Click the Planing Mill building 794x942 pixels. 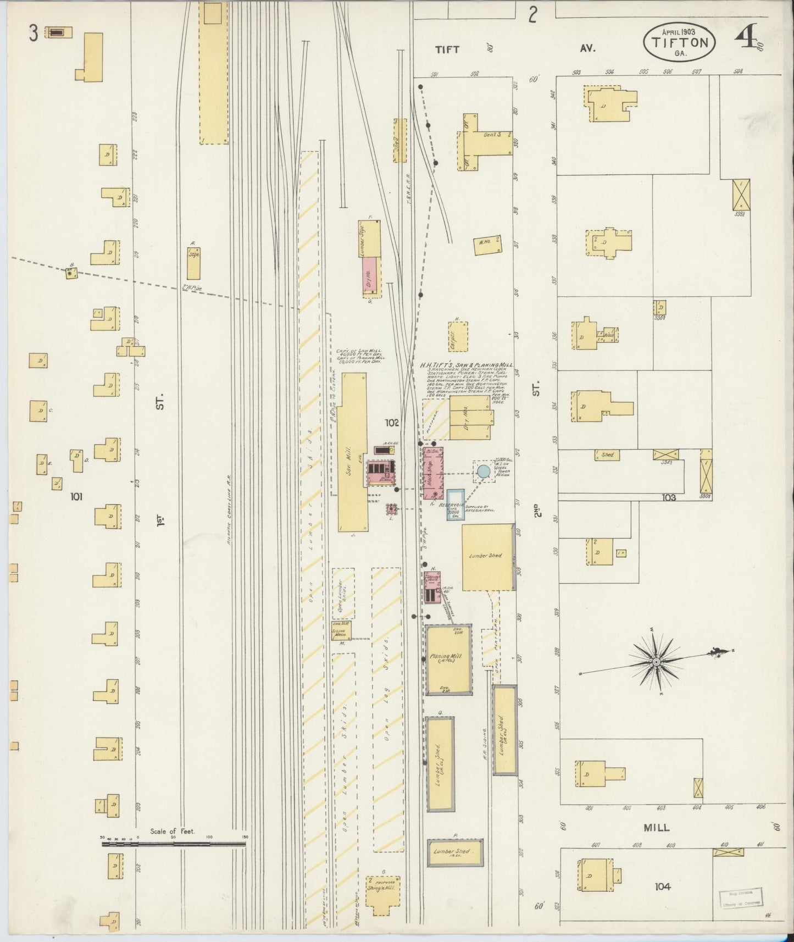pyautogui.click(x=449, y=660)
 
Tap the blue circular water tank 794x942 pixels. pyautogui.click(x=482, y=471)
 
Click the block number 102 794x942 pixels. pyautogui.click(x=392, y=423)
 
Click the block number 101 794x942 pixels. pyautogui.click(x=76, y=497)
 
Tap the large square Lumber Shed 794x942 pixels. pyautogui.click(x=487, y=557)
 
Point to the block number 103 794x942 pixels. pyautogui.click(x=668, y=497)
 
